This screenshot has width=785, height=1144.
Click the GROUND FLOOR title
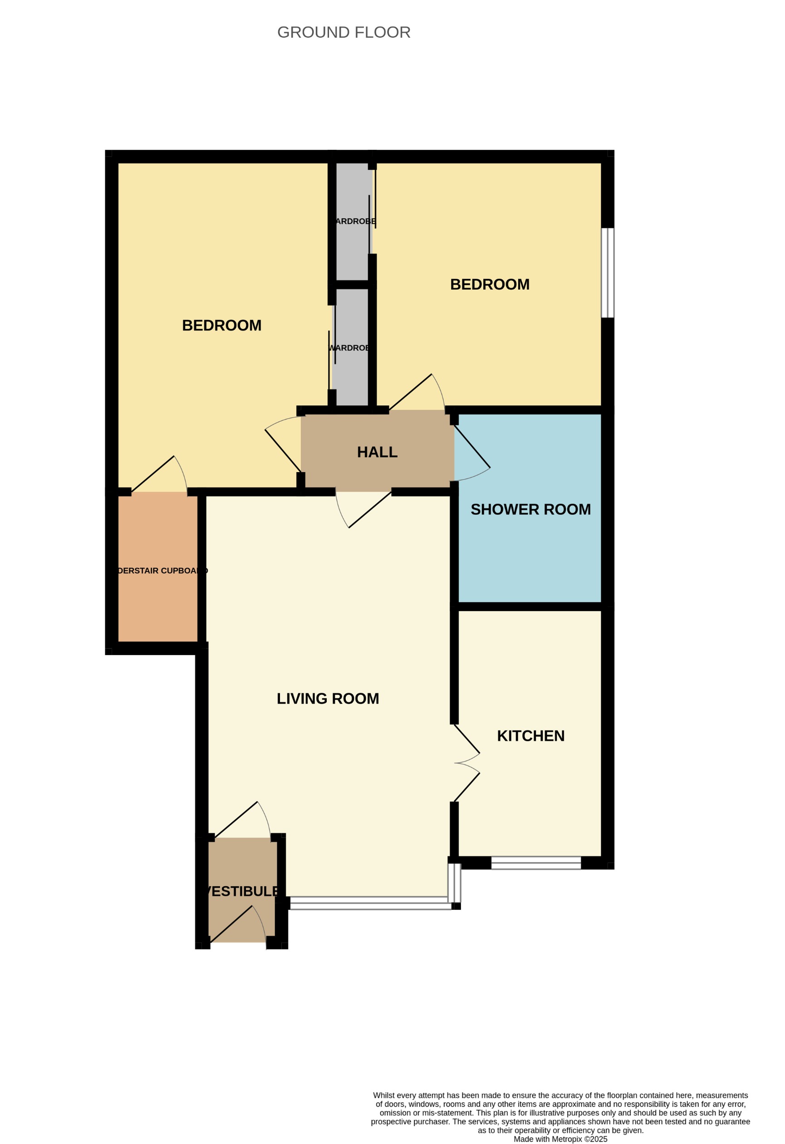[343, 33]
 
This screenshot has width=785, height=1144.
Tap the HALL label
[377, 452]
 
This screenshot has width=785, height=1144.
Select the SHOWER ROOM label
[530, 509]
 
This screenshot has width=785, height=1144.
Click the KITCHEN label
[530, 735]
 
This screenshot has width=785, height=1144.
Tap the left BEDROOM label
[221, 325]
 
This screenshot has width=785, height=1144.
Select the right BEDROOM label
[489, 285]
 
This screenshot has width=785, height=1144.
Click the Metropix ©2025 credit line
[560, 1139]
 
